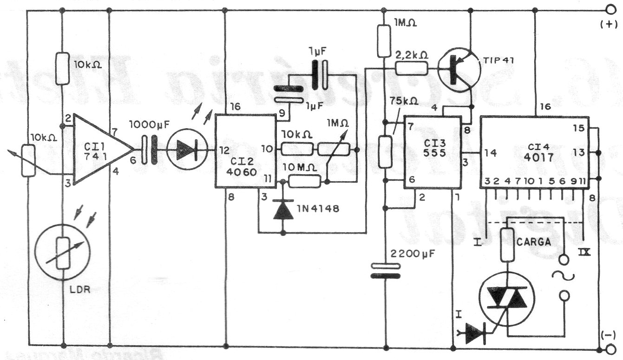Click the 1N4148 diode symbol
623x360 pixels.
coord(282,210)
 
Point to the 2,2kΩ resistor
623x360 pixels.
coord(411,69)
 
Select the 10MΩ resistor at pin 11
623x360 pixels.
coord(304,181)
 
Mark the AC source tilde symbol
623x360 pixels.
coord(562,276)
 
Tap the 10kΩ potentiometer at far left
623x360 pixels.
coord(29,160)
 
